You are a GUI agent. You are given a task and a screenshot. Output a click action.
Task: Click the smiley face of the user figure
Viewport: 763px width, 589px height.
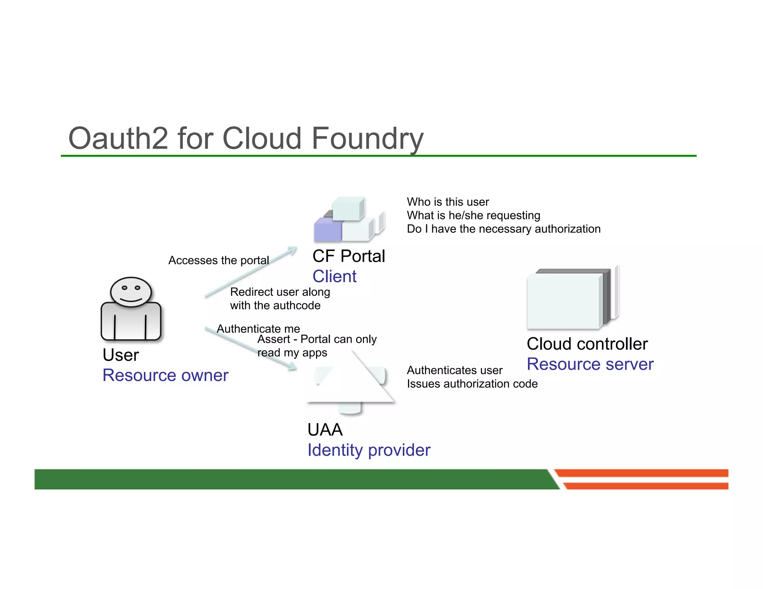pos(131,292)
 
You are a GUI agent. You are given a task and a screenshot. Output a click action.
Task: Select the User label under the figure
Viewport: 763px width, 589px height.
pos(120,355)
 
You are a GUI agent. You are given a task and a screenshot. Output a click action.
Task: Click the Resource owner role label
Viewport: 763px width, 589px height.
pos(165,375)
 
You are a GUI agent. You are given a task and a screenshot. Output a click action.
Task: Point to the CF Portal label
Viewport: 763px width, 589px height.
pos(348,256)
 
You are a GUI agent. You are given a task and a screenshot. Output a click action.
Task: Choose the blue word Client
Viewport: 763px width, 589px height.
pos(334,276)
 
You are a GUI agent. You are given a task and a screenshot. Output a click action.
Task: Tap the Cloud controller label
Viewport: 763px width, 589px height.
pos(587,344)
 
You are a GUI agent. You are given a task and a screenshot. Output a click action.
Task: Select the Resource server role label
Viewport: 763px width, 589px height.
pos(590,364)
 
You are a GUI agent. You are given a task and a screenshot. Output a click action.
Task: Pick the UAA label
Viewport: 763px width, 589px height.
pos(325,430)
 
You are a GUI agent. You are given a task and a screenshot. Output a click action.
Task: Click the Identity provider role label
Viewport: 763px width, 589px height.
pos(368,450)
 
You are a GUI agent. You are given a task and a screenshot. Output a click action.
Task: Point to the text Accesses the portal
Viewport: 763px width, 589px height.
pos(218,260)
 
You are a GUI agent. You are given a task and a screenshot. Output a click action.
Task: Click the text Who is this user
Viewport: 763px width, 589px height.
pos(447,202)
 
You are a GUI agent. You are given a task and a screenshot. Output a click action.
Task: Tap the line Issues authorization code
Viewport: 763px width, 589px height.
pos(472,384)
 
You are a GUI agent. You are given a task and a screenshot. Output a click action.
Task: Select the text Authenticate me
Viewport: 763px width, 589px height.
pos(258,329)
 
